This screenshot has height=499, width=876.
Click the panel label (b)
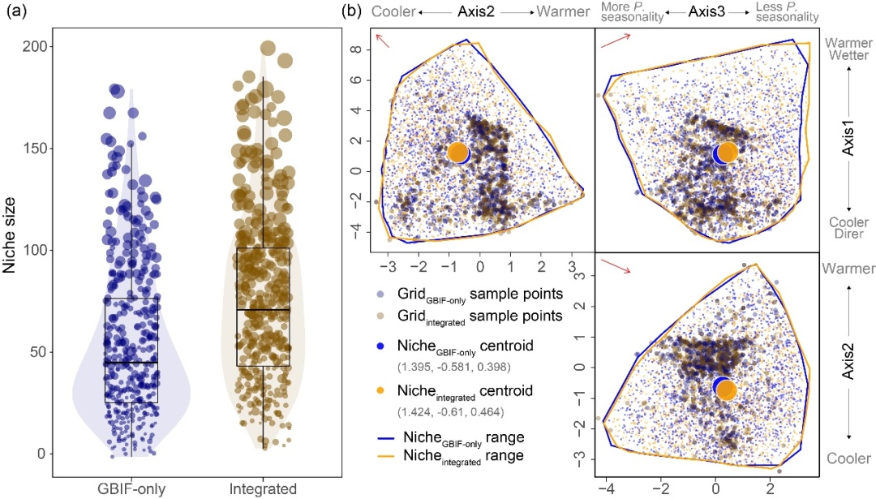(352, 12)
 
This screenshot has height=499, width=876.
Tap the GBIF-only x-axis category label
(132, 488)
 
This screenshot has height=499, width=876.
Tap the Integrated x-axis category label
(263, 488)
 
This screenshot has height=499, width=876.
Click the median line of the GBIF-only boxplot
(131, 362)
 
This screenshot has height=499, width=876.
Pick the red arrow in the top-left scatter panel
(381, 41)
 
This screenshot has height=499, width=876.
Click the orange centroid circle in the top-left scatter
(458, 153)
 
